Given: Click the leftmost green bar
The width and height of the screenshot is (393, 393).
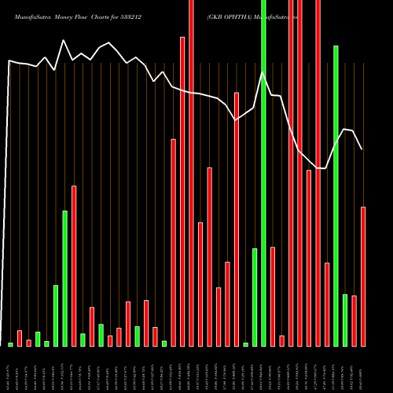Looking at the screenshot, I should (10, 344).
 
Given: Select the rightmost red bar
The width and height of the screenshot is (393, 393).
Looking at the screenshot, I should (363, 276).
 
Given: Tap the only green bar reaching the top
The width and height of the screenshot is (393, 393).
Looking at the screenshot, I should (263, 173).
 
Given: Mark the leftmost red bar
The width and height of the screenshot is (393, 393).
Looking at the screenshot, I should (20, 338).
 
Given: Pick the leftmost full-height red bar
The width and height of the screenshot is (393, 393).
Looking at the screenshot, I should (191, 173).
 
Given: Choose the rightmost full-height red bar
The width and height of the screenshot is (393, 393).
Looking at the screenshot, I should (318, 173).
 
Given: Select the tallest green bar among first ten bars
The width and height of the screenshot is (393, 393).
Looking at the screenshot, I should (65, 278).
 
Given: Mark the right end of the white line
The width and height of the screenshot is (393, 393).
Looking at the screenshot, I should (362, 149).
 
